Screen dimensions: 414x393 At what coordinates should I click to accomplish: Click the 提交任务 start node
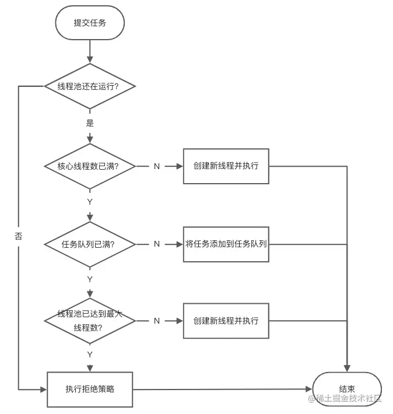pos(90,24)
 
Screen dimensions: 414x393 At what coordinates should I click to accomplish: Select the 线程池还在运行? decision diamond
pos(90,86)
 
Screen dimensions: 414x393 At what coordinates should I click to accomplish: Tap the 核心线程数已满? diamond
pos(90,166)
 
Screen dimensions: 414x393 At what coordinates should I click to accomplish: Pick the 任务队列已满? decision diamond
pos(90,244)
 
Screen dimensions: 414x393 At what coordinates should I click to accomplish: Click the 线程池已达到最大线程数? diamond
pos(90,321)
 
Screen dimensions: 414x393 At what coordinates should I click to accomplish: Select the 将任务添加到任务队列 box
pos(226,244)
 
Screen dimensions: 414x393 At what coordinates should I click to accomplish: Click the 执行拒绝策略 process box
pos(90,389)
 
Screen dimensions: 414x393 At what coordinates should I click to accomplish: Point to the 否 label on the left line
pos(19,237)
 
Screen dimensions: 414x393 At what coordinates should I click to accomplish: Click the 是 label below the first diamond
pos(90,123)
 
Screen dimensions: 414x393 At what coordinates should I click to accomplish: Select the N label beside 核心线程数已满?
pos(156,166)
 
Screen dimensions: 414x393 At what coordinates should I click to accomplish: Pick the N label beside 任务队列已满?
pos(156,244)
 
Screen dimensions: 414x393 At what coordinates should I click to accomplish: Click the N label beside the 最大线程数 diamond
pos(156,321)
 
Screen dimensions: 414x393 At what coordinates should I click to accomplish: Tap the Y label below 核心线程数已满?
pos(90,202)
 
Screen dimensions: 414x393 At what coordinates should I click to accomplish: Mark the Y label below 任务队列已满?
pos(90,279)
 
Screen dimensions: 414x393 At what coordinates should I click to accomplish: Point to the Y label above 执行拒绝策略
pos(90,355)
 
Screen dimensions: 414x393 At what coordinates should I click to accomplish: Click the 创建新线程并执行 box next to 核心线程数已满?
pos(226,166)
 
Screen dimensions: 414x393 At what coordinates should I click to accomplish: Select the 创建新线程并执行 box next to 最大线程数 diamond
pos(226,321)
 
